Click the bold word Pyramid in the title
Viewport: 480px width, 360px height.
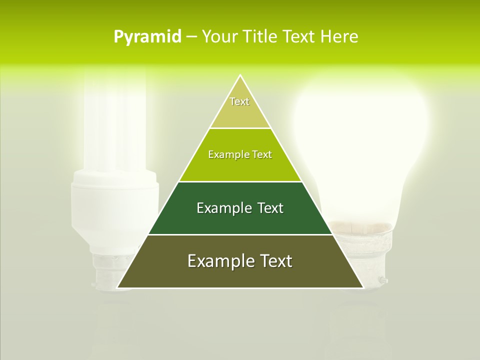pos(147,36)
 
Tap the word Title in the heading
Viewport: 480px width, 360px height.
pos(262,36)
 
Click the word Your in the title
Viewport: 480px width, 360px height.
pos(220,36)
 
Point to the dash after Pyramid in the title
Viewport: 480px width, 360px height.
pos(191,37)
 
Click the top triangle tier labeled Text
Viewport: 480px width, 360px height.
pos(240,107)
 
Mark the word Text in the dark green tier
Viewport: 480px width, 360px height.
pos(268,208)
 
